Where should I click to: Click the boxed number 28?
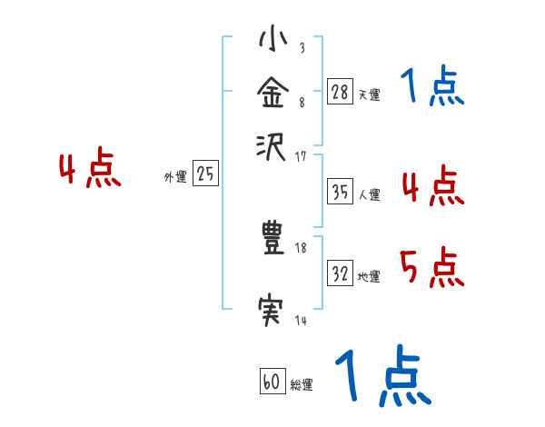pos(341,92)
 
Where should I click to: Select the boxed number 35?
pos(341,192)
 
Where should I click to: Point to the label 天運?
pos(369,94)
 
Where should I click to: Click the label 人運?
pos(369,194)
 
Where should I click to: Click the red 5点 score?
pos(431,269)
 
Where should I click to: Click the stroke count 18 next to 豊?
pos(302,247)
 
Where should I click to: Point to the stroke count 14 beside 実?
pos(301,320)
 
